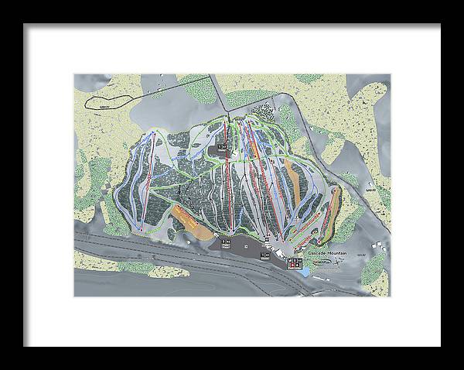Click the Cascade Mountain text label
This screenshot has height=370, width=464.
coord(326,253)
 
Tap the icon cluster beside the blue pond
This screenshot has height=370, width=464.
coord(295,263)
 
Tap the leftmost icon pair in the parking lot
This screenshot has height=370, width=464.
coord(227,243)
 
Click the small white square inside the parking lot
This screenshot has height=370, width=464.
coord(246,245)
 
